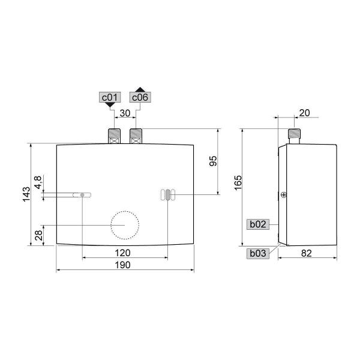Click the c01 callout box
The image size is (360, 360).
[x=109, y=97]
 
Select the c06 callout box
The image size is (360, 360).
[x=140, y=97]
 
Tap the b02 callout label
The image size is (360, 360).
[x=257, y=224]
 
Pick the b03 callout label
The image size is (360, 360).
[x=257, y=253]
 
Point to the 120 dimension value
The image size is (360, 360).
[x=124, y=252]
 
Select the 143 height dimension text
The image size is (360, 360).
[x=26, y=194]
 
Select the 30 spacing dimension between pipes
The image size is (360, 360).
[x=124, y=112]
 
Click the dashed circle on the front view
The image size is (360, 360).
[x=124, y=224]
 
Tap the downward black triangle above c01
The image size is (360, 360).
[x=109, y=105]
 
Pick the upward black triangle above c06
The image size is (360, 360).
[x=140, y=88]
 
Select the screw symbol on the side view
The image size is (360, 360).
[x=283, y=194]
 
